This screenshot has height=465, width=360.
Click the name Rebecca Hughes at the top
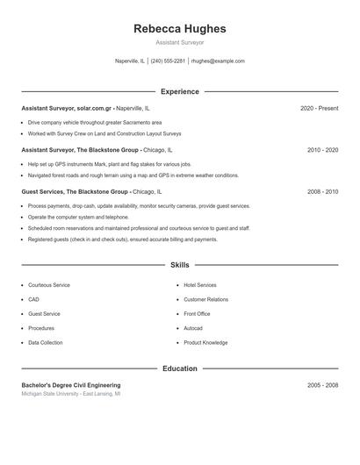tap(180, 29)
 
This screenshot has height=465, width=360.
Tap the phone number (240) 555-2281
tap(168, 61)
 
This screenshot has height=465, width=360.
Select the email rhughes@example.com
tap(218, 61)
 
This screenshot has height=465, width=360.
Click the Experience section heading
tap(180, 91)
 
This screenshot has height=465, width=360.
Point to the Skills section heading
tap(180, 264)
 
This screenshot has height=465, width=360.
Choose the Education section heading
tap(180, 368)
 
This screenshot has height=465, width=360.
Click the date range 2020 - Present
tap(319, 108)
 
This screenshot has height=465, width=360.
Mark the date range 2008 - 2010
tap(322, 191)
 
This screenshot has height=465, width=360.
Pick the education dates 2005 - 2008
tap(322, 385)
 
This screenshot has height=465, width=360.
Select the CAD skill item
tap(33, 299)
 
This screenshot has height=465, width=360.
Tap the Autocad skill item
tap(193, 328)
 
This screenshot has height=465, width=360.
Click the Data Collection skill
tap(46, 342)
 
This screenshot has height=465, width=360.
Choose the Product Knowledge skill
tap(205, 342)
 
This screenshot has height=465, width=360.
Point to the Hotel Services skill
tap(200, 285)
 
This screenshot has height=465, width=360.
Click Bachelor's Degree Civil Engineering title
tap(71, 385)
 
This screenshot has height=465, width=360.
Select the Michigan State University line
tap(71, 395)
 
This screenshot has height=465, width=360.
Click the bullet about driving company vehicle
tap(94, 122)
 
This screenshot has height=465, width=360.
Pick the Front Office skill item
tap(197, 313)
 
